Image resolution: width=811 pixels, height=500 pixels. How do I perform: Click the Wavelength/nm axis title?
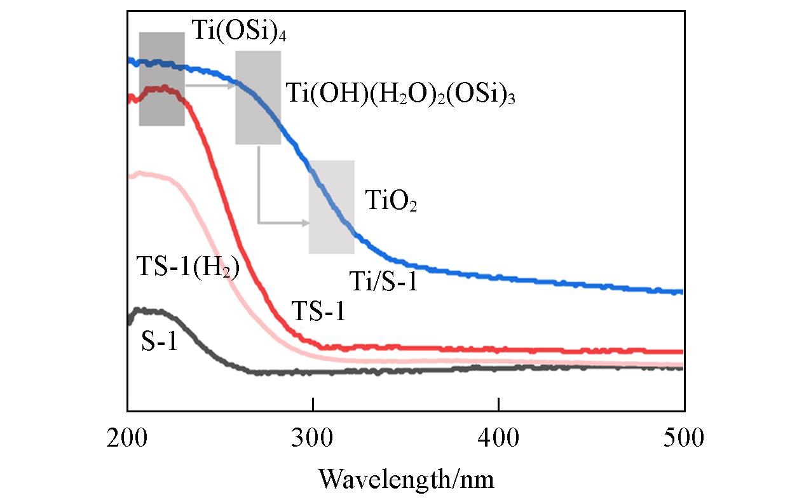coord(406,478)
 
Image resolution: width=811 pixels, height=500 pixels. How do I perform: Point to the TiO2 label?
coord(390,202)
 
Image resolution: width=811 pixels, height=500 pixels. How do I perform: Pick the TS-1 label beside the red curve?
coord(318,312)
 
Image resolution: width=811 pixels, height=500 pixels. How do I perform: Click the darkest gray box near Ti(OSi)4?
coord(161,79)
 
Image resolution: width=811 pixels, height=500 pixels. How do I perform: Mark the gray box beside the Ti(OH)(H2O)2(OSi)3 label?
coord(258,98)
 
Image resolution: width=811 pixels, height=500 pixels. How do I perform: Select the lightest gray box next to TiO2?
coord(331,207)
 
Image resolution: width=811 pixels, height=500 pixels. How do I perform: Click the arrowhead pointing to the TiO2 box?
coord(306,223)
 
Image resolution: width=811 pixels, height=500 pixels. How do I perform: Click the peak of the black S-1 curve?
coord(145,311)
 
